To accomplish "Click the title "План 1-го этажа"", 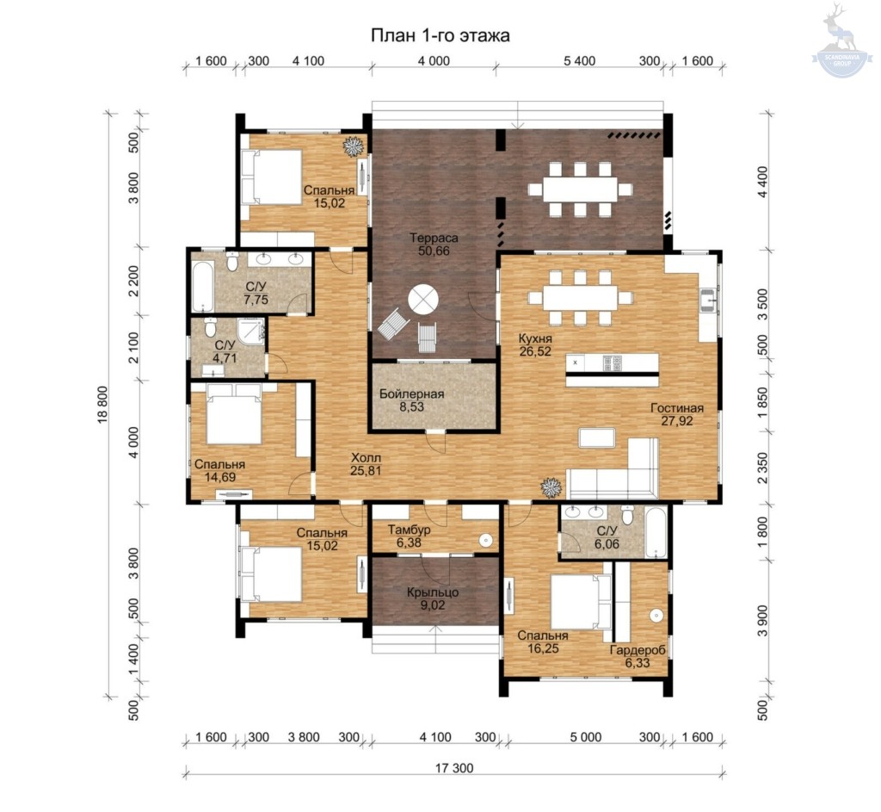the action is (x=440, y=35).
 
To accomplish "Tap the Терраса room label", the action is (x=434, y=238).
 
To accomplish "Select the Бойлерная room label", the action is (x=411, y=394).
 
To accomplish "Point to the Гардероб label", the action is (x=638, y=650).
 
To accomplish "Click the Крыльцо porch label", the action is (x=434, y=592).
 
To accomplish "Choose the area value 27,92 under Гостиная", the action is (x=677, y=420).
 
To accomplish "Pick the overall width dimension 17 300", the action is (x=454, y=768).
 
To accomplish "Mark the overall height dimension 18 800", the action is (x=104, y=405).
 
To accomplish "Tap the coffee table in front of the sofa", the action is (x=597, y=437).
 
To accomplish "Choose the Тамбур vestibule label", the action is (x=409, y=530).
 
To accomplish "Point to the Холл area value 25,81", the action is (x=366, y=471).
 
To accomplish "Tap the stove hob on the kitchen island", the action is (x=612, y=363).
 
